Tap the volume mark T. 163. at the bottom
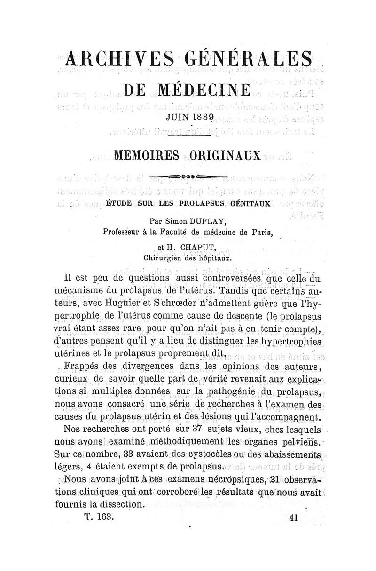[x=99, y=517]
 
